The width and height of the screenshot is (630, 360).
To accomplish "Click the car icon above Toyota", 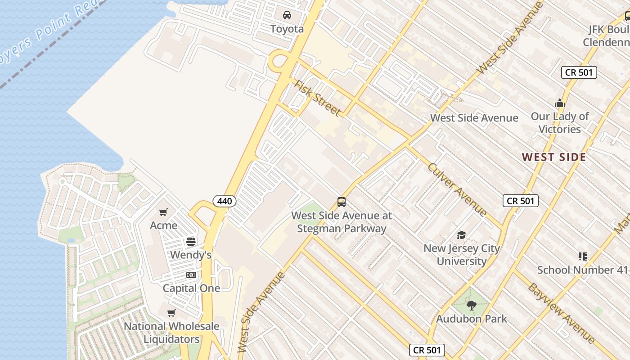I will [287, 16].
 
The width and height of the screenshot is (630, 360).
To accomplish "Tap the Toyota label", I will [287, 29].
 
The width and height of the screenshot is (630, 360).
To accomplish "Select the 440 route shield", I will [225, 201].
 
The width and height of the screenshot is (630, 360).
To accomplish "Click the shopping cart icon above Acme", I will [163, 212].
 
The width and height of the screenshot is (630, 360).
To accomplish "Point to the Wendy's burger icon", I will [191, 242].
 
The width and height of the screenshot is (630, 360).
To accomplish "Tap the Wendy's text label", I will [191, 255].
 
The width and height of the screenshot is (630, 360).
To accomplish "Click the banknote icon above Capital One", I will [191, 275].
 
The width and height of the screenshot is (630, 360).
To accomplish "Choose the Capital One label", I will [191, 288].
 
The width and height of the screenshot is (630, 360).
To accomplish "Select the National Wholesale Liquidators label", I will [171, 333].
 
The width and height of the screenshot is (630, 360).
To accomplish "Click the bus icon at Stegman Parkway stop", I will [342, 202].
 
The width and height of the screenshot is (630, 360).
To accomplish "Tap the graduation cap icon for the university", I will [461, 235].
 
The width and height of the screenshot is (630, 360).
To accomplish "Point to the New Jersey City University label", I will [461, 255].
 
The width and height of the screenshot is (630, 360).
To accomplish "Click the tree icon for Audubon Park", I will [471, 306].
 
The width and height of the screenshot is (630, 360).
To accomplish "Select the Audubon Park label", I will [471, 319].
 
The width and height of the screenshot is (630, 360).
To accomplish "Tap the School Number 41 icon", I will [583, 256].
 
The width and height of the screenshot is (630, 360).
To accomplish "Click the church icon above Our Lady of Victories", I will [560, 103].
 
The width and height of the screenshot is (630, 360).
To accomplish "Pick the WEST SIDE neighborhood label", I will [554, 157].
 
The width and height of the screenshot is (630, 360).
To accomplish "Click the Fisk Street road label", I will [317, 98].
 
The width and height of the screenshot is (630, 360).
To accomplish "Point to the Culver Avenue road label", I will [457, 189].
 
